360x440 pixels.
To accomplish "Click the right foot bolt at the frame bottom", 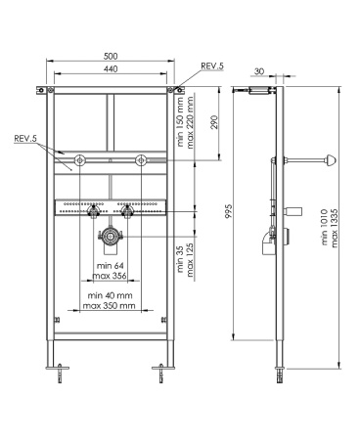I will (157, 372).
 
